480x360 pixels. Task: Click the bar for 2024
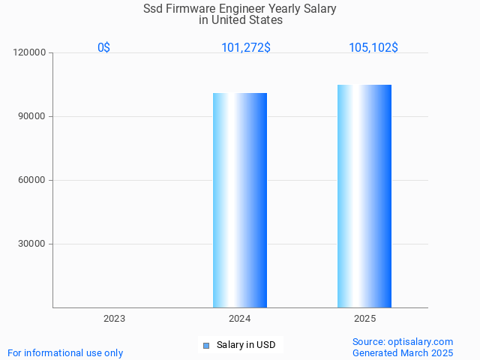tap(240, 200)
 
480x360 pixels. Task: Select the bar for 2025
tap(364, 196)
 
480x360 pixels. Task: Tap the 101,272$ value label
tap(246, 47)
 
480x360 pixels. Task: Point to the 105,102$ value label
tap(373, 47)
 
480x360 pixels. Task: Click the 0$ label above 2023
tap(104, 47)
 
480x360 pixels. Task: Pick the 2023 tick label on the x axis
tap(114, 319)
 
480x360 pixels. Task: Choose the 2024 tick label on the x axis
tap(239, 319)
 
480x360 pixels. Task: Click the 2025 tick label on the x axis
tap(364, 319)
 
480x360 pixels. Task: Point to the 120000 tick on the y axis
tap(30, 52)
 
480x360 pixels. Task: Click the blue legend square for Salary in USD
tap(206, 345)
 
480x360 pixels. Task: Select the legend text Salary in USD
tap(246, 345)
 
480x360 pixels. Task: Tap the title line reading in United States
tap(240, 20)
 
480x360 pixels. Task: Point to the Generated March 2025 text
tap(403, 352)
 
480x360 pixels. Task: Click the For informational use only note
tap(65, 352)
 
